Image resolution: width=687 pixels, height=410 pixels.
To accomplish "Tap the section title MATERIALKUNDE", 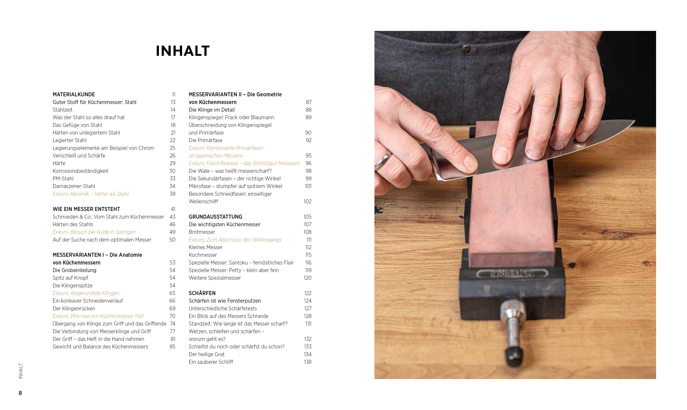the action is click(x=74, y=94).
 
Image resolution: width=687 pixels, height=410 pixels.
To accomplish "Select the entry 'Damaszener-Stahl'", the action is click(x=74, y=186).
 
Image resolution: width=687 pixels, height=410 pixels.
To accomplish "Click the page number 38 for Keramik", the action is click(x=172, y=194).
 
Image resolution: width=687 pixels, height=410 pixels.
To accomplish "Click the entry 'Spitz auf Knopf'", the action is click(x=70, y=278).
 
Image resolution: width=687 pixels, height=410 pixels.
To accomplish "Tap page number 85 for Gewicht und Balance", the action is click(x=172, y=347).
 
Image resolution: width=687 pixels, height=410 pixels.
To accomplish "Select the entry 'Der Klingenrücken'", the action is click(x=74, y=309).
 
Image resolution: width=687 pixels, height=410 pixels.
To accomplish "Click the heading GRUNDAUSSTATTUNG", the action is click(x=216, y=217).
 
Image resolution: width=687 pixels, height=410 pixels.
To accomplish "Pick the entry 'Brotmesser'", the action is click(x=202, y=232).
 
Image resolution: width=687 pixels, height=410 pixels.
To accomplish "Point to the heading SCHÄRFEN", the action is click(x=202, y=293).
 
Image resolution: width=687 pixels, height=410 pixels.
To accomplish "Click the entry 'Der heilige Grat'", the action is click(x=207, y=354).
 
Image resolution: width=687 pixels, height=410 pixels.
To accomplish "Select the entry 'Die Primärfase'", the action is click(x=206, y=140).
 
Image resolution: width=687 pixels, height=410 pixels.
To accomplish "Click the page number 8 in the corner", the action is click(x=20, y=393).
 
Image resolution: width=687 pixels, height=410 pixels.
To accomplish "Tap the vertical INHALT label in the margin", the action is click(x=21, y=371).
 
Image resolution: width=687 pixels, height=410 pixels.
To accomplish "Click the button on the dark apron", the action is click(x=466, y=49).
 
